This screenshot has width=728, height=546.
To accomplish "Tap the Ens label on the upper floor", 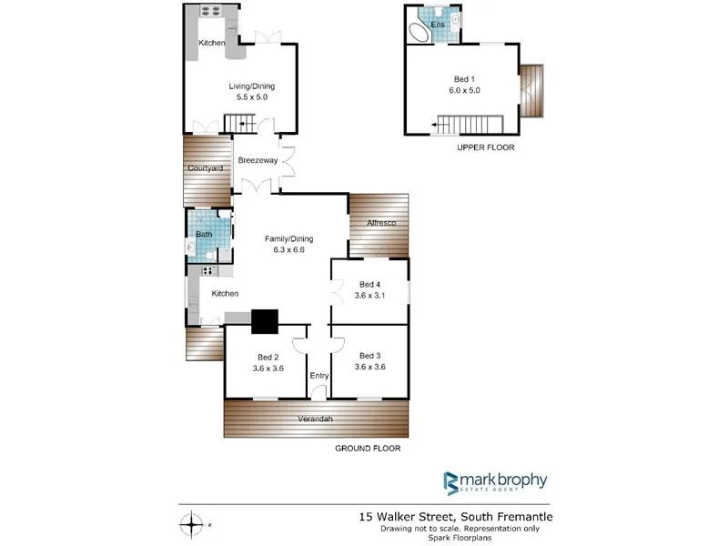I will (x=437, y=25).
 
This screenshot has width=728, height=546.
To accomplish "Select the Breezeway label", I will (x=258, y=160).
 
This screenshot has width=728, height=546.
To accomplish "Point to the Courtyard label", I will (x=205, y=168).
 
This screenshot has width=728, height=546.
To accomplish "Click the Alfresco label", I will (x=379, y=222).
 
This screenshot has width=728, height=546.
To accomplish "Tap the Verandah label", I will (x=316, y=419).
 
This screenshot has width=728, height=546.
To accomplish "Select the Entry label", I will (x=318, y=376).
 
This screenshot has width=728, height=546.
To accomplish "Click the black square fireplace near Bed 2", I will (x=264, y=321).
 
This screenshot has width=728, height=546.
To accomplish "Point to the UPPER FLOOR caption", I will (x=486, y=147).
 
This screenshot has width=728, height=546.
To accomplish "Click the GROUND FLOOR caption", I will (x=368, y=449).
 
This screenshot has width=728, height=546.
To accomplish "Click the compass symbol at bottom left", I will (x=192, y=524).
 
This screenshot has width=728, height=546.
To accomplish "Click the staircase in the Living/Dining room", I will (x=241, y=123).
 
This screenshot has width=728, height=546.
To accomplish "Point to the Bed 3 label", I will (x=369, y=356).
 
